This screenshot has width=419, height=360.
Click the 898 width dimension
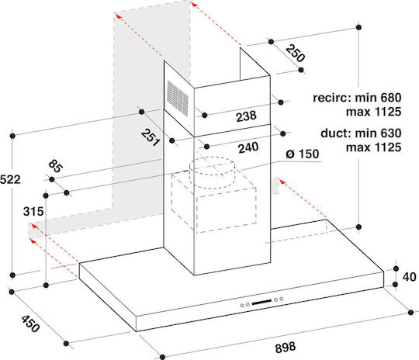point(286,348)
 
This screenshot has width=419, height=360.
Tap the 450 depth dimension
point(30,324)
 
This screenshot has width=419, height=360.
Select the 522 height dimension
point(10,179)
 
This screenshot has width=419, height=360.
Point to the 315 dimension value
point(33,212)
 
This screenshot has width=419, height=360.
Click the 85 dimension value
point(56,166)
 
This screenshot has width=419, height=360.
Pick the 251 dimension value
point(151,137)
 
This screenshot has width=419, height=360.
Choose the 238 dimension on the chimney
point(246,116)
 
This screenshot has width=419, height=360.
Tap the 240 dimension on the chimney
point(248,147)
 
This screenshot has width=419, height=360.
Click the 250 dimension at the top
point(295,54)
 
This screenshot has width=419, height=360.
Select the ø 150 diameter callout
point(303,154)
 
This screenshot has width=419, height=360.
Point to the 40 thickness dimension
point(409,277)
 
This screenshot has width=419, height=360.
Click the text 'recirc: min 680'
point(357,98)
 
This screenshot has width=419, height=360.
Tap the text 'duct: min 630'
point(361,133)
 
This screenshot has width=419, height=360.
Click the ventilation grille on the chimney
point(178,99)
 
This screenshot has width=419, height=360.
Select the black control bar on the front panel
point(261,302)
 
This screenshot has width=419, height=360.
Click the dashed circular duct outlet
point(213,172)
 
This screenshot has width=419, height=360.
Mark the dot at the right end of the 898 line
point(410,313)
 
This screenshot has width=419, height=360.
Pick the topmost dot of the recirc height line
point(358,27)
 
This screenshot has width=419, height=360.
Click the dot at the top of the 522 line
point(12,136)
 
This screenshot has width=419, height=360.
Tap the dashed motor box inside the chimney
point(214,203)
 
